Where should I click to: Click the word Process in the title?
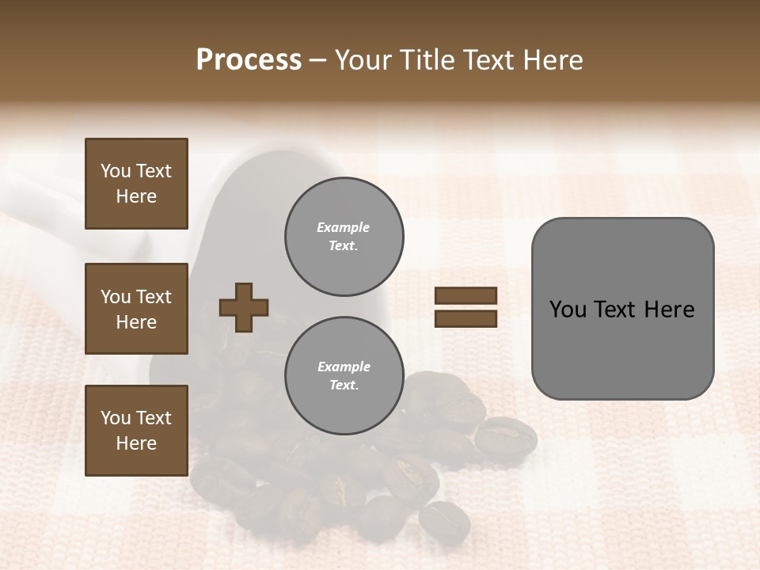(x=249, y=60)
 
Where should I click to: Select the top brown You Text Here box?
(x=136, y=184)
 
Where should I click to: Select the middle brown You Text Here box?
(x=136, y=309)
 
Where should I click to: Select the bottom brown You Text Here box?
(x=136, y=431)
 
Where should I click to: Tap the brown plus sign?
(x=244, y=307)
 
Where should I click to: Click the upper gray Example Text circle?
(x=344, y=237)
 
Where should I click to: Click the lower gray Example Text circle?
(x=344, y=376)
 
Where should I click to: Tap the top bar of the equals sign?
(x=465, y=296)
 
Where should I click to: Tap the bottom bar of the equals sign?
(x=465, y=318)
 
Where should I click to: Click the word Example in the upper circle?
(x=344, y=228)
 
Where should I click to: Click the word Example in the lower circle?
(x=344, y=367)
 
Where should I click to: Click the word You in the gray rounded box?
(x=568, y=310)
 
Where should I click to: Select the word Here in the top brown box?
(x=136, y=196)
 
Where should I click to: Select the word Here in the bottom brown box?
(x=136, y=443)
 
